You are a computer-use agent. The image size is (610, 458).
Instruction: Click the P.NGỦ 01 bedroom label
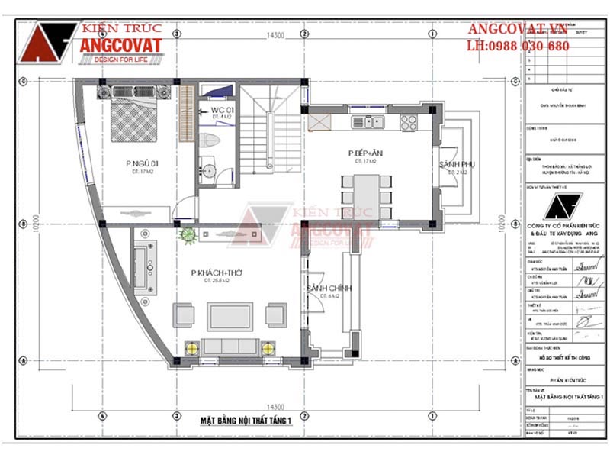[x=143, y=163]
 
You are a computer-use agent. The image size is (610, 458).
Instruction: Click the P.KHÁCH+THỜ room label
[x=212, y=273]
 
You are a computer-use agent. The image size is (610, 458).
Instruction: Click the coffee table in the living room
[x=230, y=314]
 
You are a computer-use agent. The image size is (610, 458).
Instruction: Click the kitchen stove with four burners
[x=408, y=121]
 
